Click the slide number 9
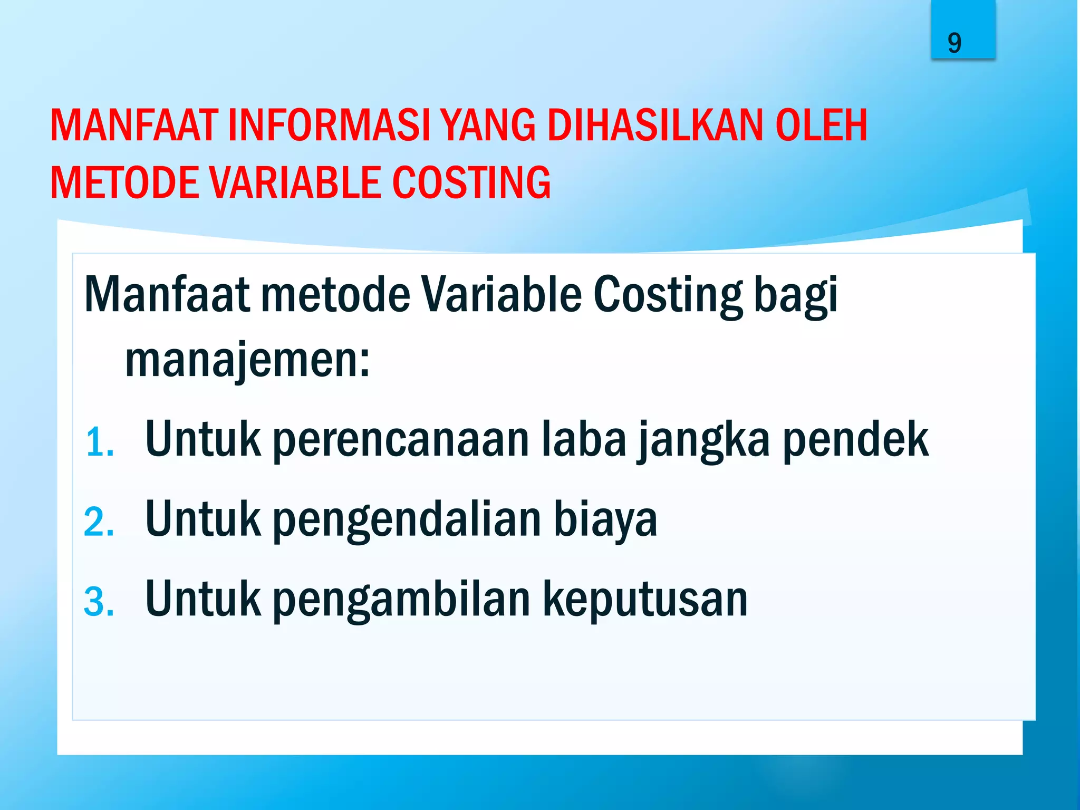(954, 43)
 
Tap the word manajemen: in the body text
(247, 361)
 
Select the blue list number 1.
(99, 442)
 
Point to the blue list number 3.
(99, 602)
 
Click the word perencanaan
(400, 440)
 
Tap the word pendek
(855, 440)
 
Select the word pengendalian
(407, 521)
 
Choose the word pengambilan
(401, 600)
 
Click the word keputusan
(645, 600)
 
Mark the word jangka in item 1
(704, 441)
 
